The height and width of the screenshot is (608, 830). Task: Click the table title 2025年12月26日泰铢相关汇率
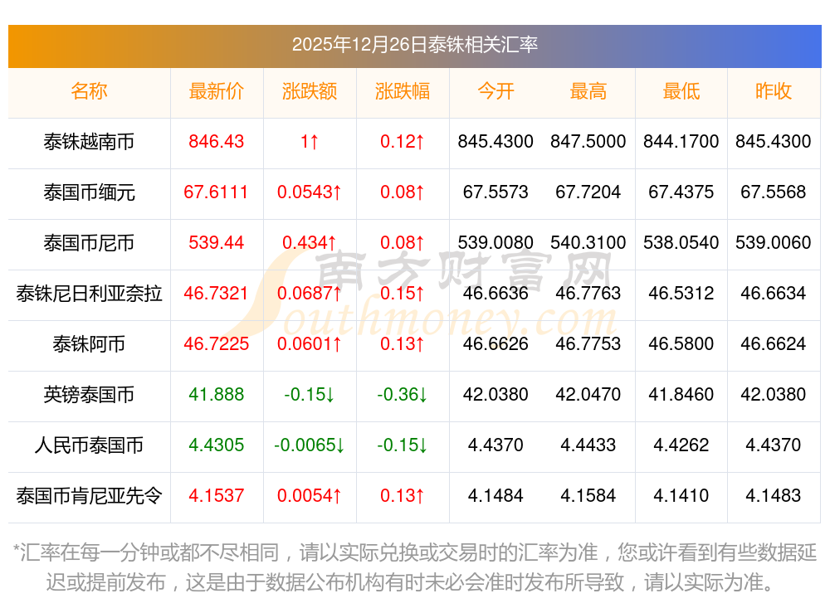414,44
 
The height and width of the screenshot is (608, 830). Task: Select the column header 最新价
216,91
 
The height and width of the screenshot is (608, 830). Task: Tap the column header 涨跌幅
403,91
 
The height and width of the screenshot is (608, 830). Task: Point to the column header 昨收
773,91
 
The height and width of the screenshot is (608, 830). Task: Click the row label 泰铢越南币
89,142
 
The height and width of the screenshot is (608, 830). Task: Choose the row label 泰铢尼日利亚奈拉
89,293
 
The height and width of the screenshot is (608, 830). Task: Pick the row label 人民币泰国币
89,445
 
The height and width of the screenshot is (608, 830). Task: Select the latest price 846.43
216,142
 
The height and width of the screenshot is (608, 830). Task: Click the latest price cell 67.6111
216,192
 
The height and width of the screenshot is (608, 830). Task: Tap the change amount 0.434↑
310,243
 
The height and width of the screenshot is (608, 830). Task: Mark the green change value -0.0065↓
310,445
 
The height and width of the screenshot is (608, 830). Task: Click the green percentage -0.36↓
403,395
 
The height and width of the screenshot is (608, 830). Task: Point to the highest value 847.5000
588,142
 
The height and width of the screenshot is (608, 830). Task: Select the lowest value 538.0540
681,243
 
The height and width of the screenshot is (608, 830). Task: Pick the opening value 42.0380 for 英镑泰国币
496,395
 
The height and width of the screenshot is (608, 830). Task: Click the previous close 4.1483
773,496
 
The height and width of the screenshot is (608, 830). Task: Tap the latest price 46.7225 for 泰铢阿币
216,344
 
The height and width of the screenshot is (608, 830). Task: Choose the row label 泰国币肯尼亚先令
89,496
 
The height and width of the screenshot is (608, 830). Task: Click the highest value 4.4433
588,445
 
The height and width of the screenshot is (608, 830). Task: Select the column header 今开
496,91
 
